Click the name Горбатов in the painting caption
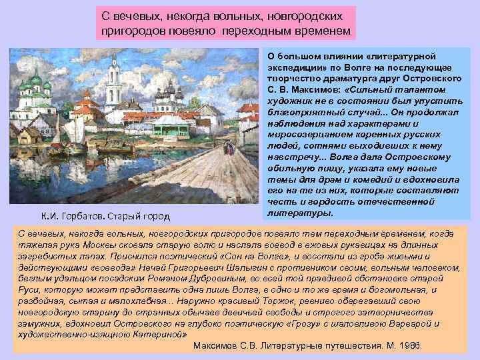pos(83,216)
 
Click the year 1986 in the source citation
pos(412,346)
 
